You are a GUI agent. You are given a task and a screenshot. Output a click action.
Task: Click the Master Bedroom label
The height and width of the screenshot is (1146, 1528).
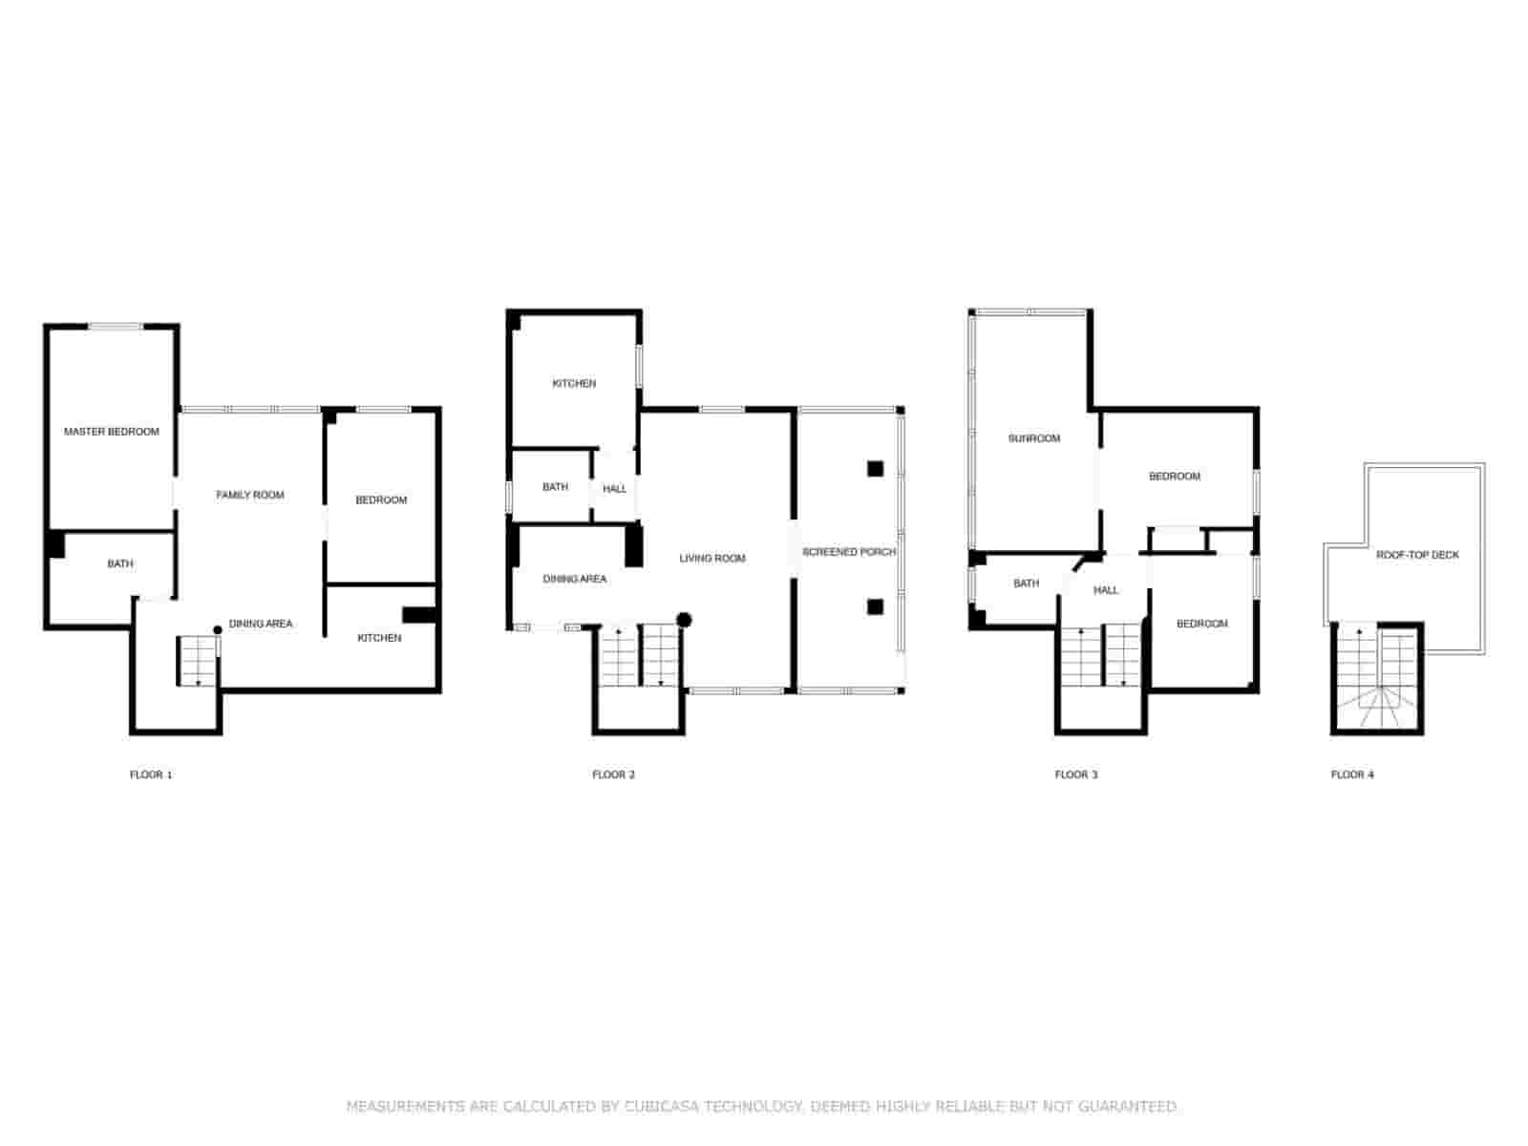(112, 432)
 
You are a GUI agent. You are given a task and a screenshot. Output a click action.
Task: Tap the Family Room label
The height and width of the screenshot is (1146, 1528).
(250, 495)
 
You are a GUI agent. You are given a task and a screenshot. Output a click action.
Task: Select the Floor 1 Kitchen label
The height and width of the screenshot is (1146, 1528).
(379, 637)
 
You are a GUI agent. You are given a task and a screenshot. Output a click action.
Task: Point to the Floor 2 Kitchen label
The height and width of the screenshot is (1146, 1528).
(574, 383)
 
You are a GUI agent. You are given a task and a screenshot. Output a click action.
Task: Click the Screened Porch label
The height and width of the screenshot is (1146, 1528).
(849, 552)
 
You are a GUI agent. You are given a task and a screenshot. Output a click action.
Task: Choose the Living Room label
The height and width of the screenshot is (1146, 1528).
(712, 558)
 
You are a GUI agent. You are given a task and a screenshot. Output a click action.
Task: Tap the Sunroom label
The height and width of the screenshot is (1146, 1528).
(1033, 438)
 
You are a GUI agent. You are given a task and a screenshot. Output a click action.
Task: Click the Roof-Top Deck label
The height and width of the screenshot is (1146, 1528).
(1417, 555)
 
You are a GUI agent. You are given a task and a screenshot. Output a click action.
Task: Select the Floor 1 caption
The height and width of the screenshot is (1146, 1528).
(150, 775)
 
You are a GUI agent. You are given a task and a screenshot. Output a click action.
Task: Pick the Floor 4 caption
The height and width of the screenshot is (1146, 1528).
(1352, 775)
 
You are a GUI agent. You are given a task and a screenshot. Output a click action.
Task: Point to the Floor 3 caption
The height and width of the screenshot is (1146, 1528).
(1076, 775)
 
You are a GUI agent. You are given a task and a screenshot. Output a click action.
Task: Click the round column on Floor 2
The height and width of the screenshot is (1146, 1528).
(685, 620)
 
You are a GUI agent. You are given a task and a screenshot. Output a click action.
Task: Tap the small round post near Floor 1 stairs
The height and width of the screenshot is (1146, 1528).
(217, 629)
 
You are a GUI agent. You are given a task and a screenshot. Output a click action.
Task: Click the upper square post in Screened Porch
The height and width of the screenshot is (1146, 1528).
(875, 469)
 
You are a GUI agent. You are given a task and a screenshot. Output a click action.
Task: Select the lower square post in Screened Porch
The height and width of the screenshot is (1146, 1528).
(875, 606)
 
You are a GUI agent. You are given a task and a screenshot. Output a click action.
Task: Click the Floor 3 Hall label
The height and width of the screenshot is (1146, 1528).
(1106, 590)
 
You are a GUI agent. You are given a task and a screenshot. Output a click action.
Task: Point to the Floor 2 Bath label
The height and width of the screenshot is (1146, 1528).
(555, 487)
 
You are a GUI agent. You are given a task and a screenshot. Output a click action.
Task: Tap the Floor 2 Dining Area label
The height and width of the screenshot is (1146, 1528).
(574, 578)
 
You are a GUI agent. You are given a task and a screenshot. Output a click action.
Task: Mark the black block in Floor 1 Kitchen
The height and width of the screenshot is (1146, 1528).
(419, 615)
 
